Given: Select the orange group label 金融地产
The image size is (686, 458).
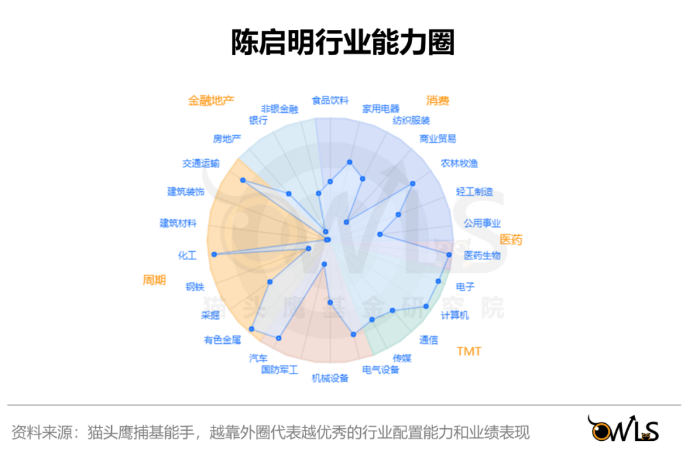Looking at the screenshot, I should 211,100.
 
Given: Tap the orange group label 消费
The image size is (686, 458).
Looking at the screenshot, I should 438,100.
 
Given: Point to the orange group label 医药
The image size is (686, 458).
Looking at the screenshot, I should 511,240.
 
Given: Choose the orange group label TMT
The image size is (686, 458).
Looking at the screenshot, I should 469,351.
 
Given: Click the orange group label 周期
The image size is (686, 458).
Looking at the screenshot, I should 154,279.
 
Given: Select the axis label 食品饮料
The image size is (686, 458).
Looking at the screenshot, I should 330,100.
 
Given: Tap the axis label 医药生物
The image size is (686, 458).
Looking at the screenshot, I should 482,256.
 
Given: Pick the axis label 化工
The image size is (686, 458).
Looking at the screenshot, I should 187,256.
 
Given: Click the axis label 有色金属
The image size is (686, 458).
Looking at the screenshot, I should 222,339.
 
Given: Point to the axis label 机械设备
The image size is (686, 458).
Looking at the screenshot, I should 330,379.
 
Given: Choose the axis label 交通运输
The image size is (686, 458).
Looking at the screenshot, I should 201,164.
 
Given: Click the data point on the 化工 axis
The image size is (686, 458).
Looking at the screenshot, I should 214,254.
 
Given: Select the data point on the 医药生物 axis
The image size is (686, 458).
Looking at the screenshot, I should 449,254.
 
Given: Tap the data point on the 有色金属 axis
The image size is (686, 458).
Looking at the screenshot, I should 252,329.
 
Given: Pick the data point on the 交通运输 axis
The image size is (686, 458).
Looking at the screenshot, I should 243,180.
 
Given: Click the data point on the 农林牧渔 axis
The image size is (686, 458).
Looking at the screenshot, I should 413,183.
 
